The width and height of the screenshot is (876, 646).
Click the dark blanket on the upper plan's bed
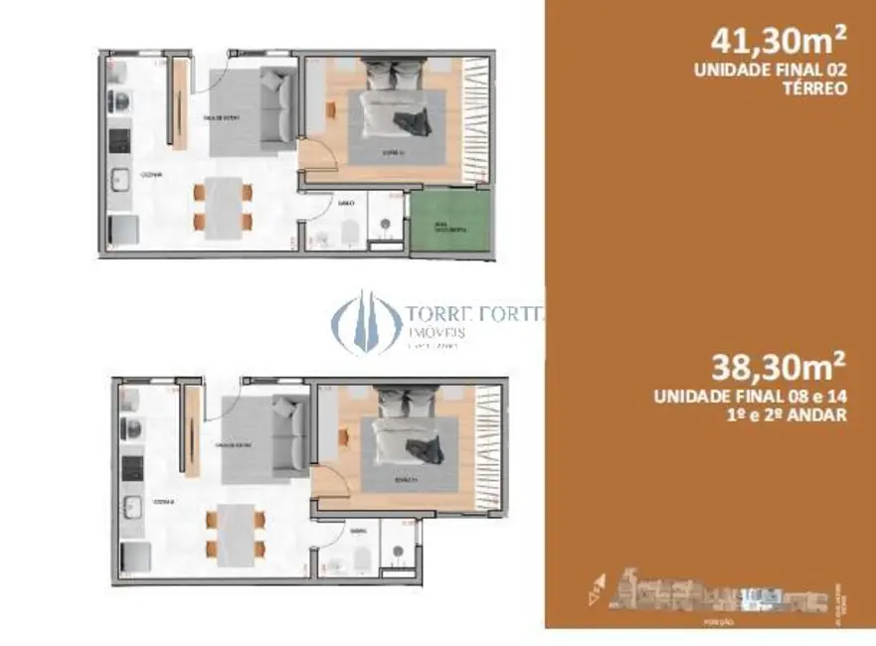pyautogui.click(x=409, y=124)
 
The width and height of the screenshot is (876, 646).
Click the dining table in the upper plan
pyautogui.click(x=225, y=207)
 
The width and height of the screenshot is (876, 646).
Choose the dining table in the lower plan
pyautogui.click(x=235, y=533)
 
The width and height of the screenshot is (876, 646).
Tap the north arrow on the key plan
pyautogui.click(x=596, y=588)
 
